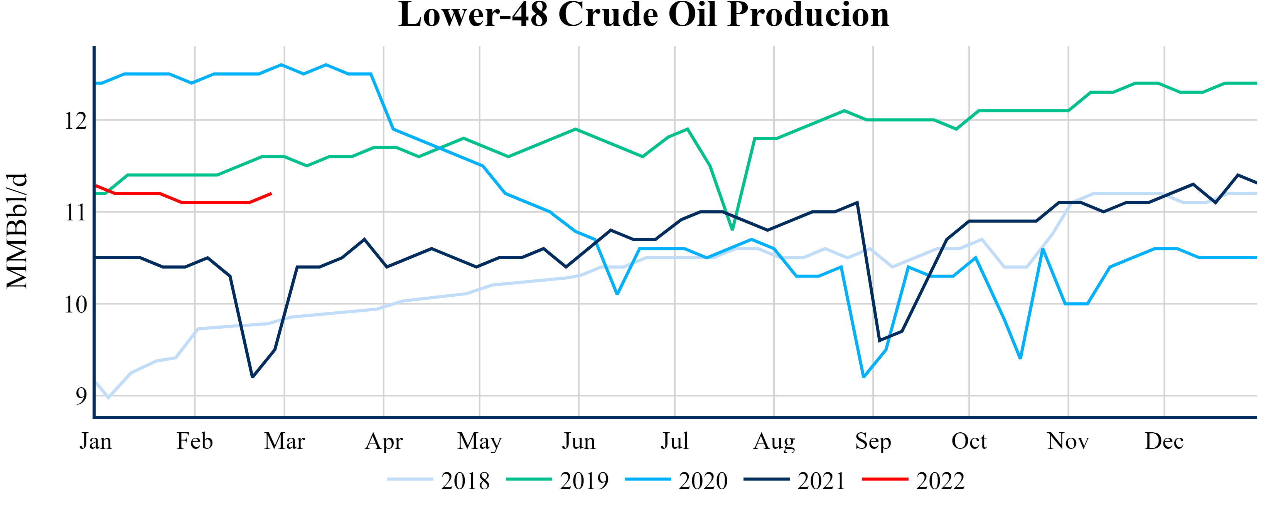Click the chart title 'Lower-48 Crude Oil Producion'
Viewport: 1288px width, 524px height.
[644, 15]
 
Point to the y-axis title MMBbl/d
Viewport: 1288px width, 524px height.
[17, 231]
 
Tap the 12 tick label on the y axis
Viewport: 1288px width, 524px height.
[76, 121]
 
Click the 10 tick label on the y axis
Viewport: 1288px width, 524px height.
[76, 305]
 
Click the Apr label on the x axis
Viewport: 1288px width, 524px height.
[383, 442]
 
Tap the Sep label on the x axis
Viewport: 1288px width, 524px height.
[873, 442]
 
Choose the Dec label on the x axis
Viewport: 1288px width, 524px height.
[1163, 442]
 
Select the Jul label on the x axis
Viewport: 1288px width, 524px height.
[674, 442]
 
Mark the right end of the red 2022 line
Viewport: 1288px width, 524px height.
[271, 193]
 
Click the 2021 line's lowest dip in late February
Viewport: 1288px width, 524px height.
[253, 377]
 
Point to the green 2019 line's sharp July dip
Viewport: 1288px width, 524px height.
[732, 230]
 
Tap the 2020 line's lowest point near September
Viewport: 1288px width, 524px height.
[864, 377]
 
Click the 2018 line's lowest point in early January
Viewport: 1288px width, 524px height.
[108, 398]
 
